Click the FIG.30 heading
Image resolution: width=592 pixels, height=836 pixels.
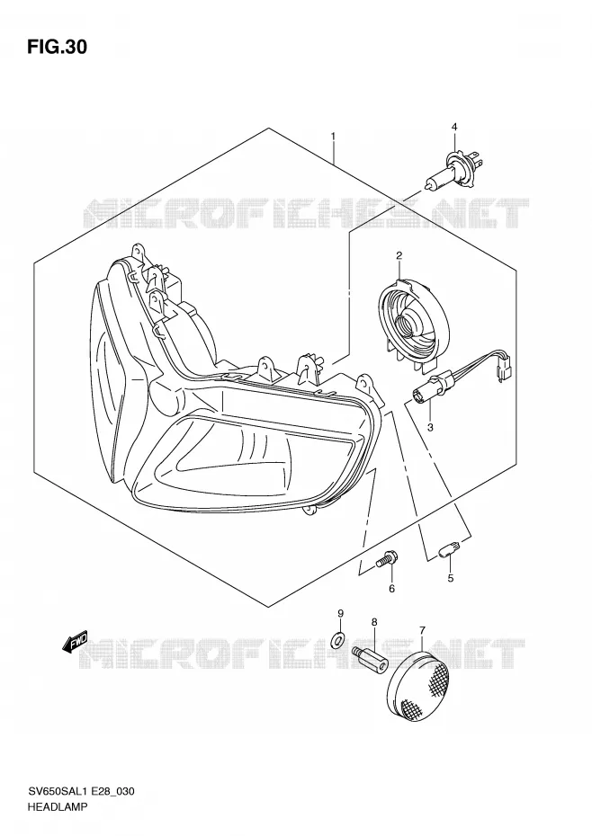tap(57, 48)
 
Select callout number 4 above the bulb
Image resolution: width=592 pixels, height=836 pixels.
tap(454, 127)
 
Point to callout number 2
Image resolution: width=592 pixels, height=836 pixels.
tap(399, 256)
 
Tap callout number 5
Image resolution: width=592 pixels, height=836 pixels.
tap(451, 578)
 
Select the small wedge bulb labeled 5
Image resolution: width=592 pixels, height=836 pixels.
tap(445, 552)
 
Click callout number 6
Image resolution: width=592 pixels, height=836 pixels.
tap(391, 589)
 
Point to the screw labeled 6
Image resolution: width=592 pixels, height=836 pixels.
tap(384, 559)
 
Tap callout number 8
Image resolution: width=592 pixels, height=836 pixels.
tap(374, 622)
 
